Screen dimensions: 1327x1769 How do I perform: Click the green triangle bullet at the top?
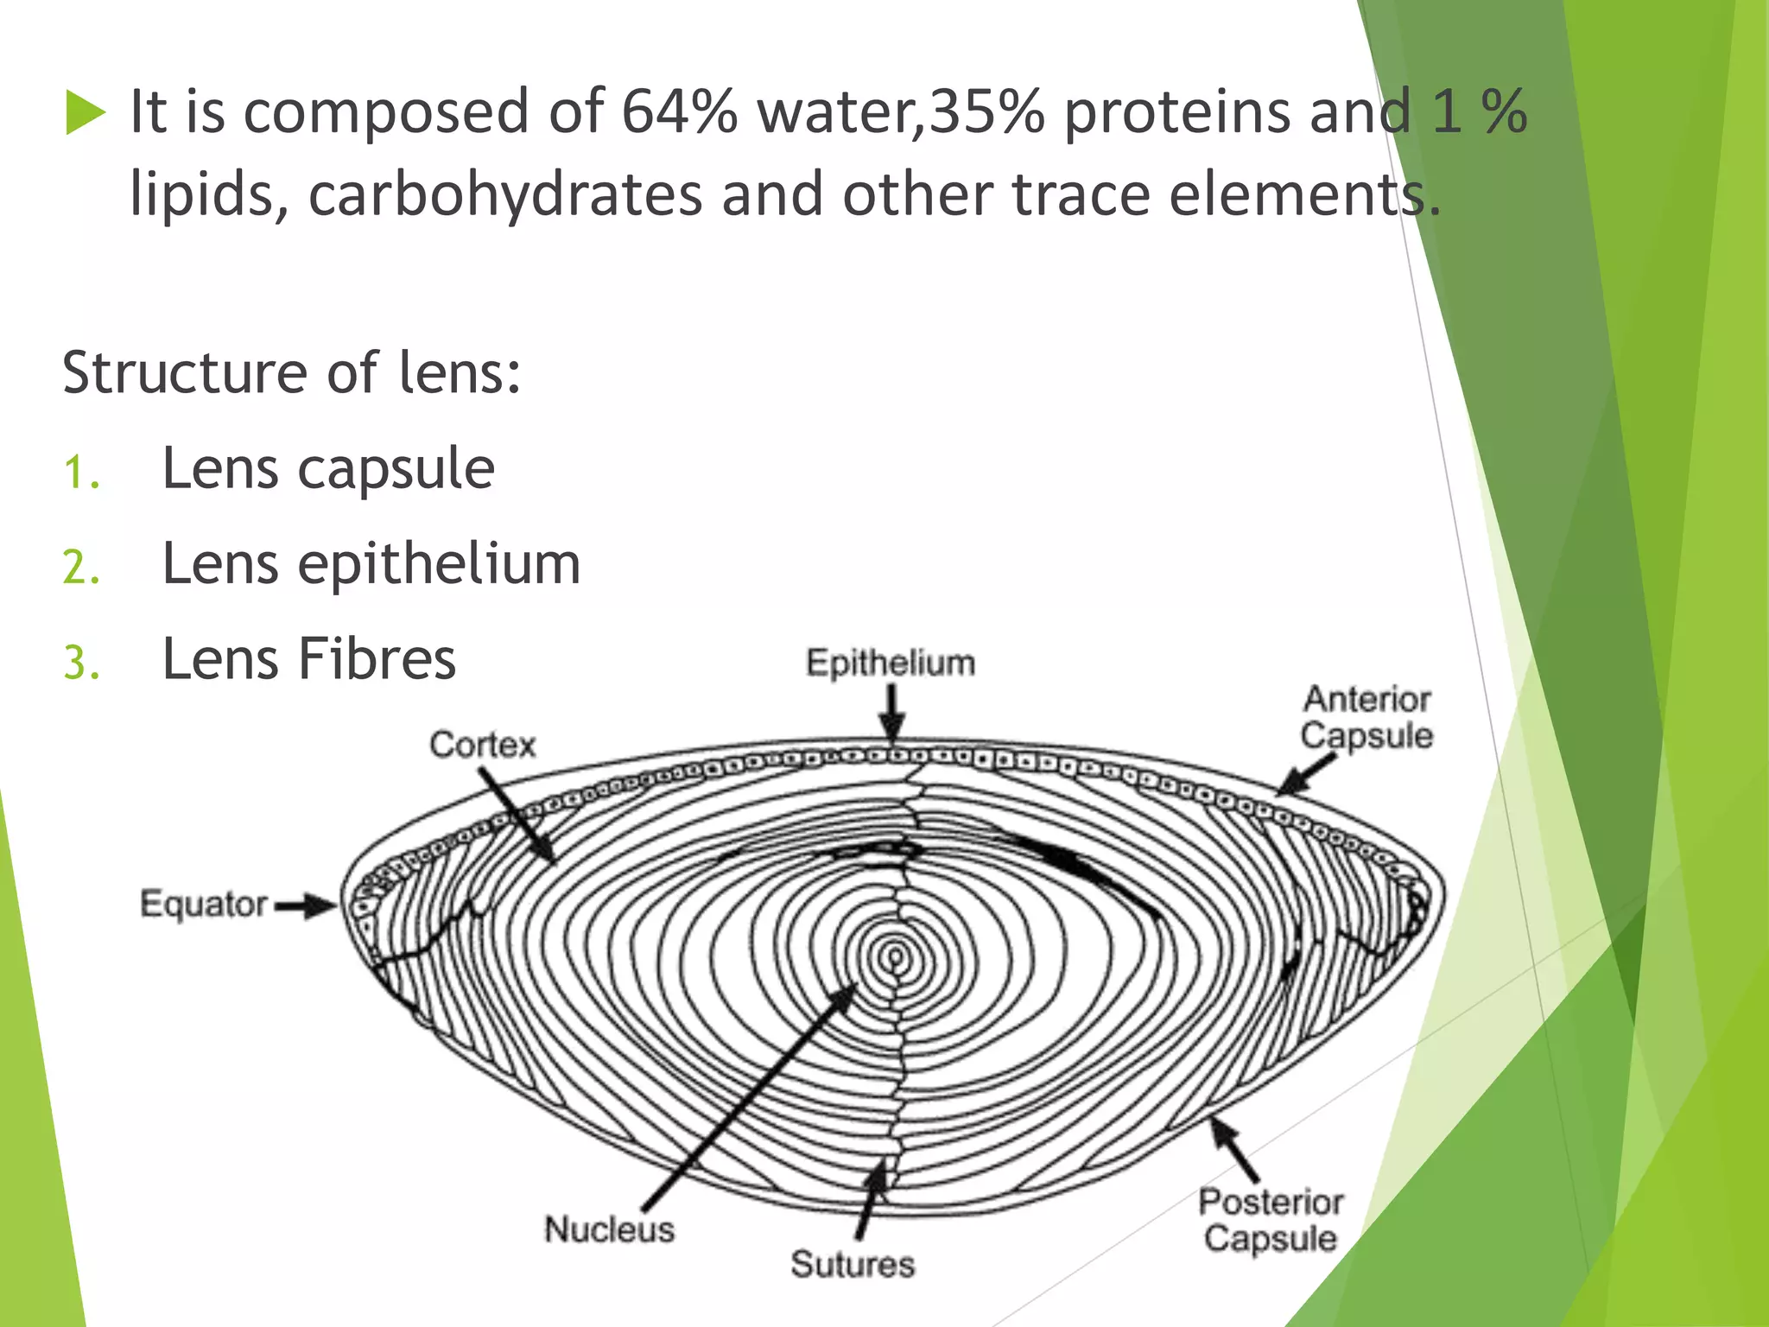[x=85, y=114]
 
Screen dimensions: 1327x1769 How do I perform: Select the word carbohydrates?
[x=505, y=194]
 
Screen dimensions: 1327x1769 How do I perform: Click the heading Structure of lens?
[x=292, y=373]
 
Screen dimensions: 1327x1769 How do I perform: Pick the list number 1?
[x=81, y=473]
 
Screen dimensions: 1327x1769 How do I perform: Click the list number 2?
[x=81, y=568]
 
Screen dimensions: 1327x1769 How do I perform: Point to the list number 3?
[x=81, y=663]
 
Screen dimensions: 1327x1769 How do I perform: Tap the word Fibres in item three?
[x=377, y=659]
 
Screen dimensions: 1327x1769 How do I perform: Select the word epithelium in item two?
[x=439, y=565]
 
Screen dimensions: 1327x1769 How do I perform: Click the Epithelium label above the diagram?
[x=891, y=663]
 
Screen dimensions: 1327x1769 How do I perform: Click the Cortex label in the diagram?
[x=483, y=745]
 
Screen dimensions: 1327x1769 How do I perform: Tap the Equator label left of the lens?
[x=204, y=905]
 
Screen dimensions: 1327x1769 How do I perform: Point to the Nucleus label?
[x=609, y=1229]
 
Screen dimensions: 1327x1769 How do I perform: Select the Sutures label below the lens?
[x=853, y=1264]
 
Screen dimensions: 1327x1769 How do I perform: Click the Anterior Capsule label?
[x=1366, y=717]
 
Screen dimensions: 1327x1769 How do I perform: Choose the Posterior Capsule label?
[x=1271, y=1220]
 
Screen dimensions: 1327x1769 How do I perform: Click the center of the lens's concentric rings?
[x=896, y=956]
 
